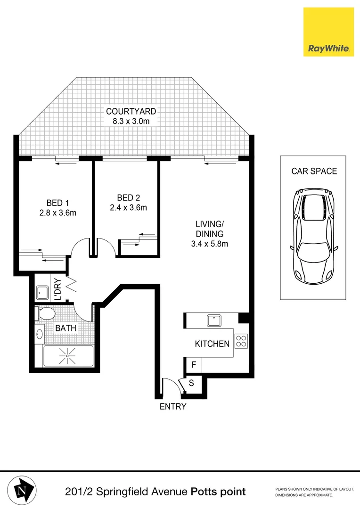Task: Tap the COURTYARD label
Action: coord(131,112)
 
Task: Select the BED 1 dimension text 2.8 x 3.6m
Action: coord(58,213)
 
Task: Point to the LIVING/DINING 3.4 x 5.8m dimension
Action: coord(210,244)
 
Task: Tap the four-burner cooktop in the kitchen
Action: coord(241,341)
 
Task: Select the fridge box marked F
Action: coord(193,365)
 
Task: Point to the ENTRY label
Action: coord(173,407)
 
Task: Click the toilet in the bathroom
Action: coord(46,313)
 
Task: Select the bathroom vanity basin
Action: coord(40,334)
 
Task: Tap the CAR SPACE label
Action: coord(314,171)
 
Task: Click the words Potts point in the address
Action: coord(218,492)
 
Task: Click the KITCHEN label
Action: coord(212,344)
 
